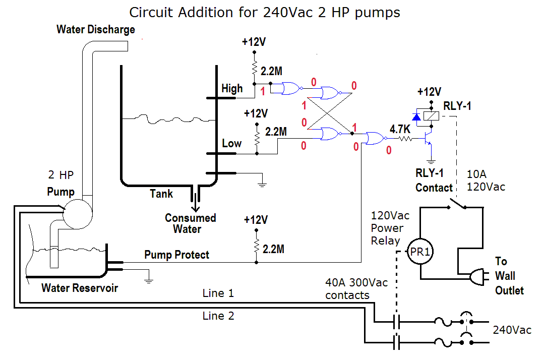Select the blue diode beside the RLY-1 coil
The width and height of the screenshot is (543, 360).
(416, 117)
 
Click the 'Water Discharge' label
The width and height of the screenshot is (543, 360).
(96, 29)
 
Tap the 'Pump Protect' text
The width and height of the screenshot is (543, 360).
(176, 255)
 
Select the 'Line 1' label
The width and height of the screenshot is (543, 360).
(218, 293)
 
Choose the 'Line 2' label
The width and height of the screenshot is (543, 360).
(218, 316)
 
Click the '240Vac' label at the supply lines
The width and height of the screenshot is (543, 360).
(512, 330)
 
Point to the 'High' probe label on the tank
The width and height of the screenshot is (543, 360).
(232, 89)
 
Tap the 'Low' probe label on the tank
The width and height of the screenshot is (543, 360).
(232, 143)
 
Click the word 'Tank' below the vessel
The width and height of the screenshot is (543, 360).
(161, 194)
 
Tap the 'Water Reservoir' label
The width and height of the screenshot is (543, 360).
(80, 288)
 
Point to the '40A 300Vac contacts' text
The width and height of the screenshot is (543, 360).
(357, 288)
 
